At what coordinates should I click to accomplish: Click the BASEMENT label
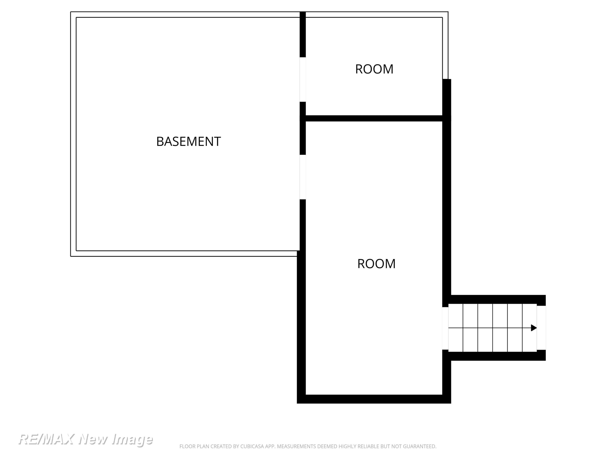point(188,141)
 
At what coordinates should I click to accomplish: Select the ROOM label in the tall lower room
point(376,264)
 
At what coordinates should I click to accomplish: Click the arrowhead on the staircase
point(534,328)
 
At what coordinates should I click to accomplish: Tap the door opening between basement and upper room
point(303,80)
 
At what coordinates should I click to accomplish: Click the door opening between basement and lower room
point(303,177)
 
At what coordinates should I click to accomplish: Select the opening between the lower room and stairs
point(445,328)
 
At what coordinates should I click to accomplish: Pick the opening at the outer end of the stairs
point(541,328)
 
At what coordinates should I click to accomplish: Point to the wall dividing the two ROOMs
point(374,118)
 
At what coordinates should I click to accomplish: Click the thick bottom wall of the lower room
point(374,399)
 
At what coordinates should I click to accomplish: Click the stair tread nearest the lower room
point(456,328)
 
